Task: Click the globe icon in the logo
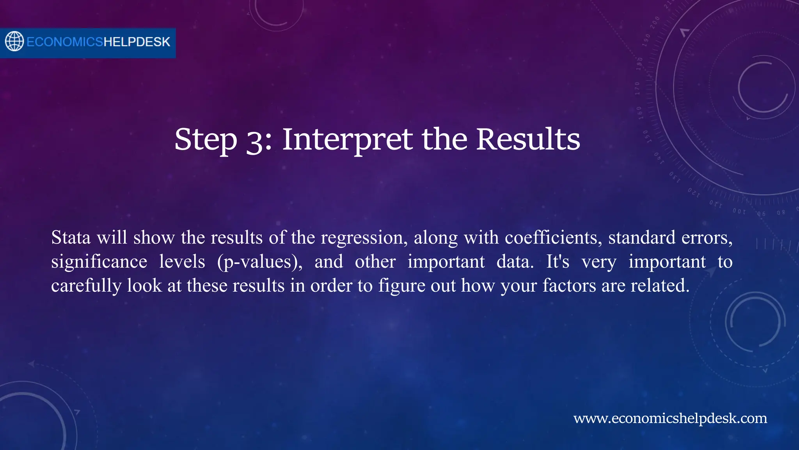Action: [14, 41]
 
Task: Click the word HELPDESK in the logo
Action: [137, 42]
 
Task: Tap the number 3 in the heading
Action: [256, 140]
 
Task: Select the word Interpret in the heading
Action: [347, 139]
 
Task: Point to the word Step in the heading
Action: [206, 140]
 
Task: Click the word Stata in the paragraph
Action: [71, 237]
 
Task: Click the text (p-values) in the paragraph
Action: [259, 262]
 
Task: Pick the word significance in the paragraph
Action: [99, 262]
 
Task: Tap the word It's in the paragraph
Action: [558, 261]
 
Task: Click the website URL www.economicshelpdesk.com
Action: [670, 418]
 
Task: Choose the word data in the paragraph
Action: [515, 261]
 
